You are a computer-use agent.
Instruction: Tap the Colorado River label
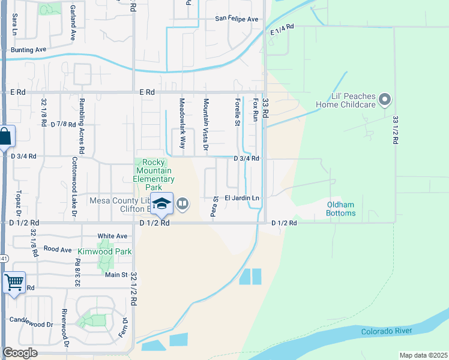click(386, 331)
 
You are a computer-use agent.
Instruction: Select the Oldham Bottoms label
click(341, 209)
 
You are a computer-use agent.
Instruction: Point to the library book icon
click(183, 205)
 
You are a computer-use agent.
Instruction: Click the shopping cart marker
click(13, 281)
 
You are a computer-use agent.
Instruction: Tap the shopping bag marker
click(5, 137)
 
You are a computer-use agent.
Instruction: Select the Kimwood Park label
click(104, 251)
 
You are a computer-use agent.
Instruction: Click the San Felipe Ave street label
click(237, 19)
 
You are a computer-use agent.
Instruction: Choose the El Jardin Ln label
click(242, 197)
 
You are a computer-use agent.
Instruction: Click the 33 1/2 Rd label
click(395, 130)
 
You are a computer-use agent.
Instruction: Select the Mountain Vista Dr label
click(205, 124)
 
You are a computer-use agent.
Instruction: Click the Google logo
click(20, 353)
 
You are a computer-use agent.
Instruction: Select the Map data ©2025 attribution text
click(423, 355)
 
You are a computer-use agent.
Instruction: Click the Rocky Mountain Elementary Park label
click(154, 175)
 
